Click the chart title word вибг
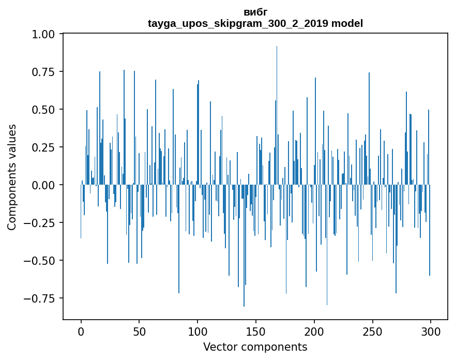[x=255, y=12]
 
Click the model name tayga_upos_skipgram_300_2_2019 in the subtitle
[x=238, y=23]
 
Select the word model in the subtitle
[x=347, y=23]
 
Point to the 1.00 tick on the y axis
[x=43, y=34]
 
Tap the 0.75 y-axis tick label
[x=43, y=72]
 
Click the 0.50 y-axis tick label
[x=43, y=110]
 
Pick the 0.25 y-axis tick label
[x=43, y=147]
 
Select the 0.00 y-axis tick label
[x=43, y=185]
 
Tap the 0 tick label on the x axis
[x=81, y=332]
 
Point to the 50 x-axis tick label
[x=139, y=332]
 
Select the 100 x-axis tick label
[x=198, y=332]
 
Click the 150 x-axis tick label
[x=256, y=332]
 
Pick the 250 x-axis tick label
[x=372, y=332]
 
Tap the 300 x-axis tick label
[x=431, y=332]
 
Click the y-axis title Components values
[x=11, y=177]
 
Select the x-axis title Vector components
[x=255, y=347]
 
